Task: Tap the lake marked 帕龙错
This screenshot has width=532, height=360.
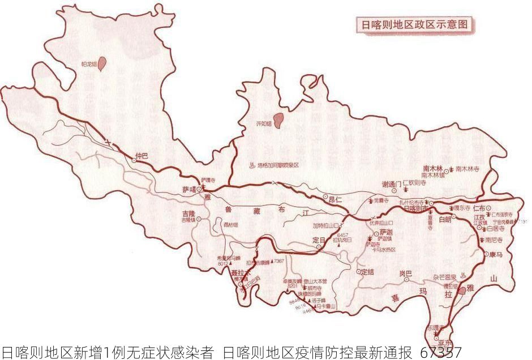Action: click(102, 63)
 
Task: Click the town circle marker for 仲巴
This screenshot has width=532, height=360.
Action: click(134, 161)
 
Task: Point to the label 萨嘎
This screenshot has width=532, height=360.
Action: click(188, 190)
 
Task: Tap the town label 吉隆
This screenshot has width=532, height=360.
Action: click(188, 214)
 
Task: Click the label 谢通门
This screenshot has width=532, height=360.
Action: click(391, 185)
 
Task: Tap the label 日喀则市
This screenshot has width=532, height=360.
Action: click(416, 208)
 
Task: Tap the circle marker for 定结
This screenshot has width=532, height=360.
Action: click(358, 272)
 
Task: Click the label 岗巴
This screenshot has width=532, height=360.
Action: click(405, 274)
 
